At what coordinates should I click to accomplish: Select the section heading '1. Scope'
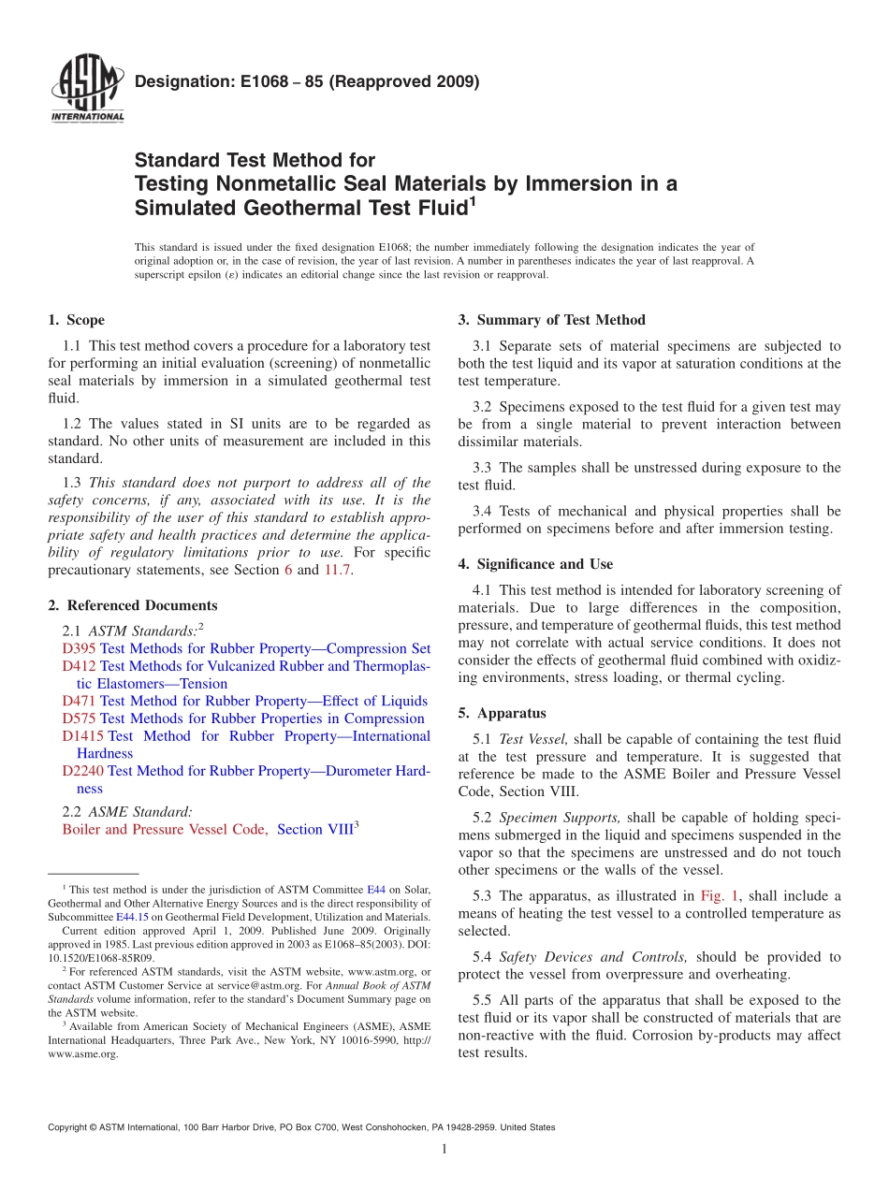pyautogui.click(x=76, y=320)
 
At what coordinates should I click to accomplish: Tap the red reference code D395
pyautogui.click(x=80, y=648)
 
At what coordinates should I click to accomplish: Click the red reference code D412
pyautogui.click(x=80, y=666)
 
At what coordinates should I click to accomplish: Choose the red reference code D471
pyautogui.click(x=80, y=701)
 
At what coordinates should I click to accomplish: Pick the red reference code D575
pyautogui.click(x=80, y=718)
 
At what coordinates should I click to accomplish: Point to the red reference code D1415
pyautogui.click(x=83, y=736)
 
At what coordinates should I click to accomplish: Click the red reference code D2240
pyautogui.click(x=83, y=771)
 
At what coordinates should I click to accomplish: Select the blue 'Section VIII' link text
pyautogui.click(x=314, y=829)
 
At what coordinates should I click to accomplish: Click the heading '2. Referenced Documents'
pyautogui.click(x=133, y=605)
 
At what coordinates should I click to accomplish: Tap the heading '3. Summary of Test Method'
pyautogui.click(x=551, y=320)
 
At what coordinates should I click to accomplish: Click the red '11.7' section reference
pyautogui.click(x=337, y=570)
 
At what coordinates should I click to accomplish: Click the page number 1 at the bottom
pyautogui.click(x=444, y=1149)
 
